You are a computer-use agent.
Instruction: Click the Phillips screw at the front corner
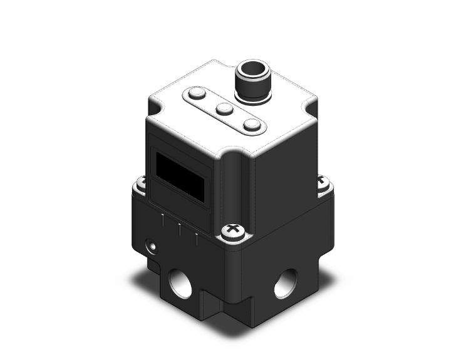[x=232, y=232]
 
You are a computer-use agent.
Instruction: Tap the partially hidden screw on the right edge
[x=322, y=182]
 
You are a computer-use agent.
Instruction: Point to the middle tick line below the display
[x=180, y=229]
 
